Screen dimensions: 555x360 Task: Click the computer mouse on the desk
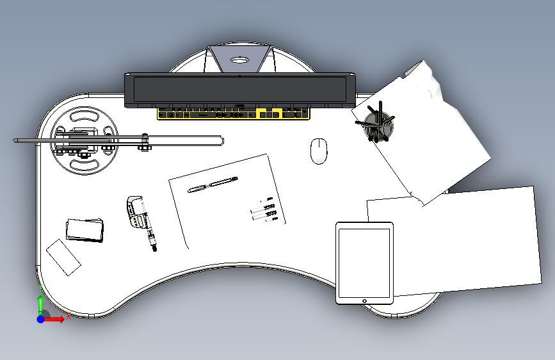[x=319, y=151]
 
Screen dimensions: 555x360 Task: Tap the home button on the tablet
[x=364, y=300]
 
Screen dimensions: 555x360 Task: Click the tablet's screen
[x=364, y=261]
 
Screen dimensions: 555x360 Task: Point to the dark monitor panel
[x=239, y=89]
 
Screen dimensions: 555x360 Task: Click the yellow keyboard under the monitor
[x=234, y=114]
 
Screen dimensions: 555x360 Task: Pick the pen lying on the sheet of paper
[x=213, y=185]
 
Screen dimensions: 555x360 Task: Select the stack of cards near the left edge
[x=84, y=230]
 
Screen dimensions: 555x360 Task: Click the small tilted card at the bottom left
[x=63, y=257]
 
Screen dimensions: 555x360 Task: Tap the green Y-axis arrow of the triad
[x=40, y=302]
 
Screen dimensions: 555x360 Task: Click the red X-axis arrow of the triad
[x=58, y=318]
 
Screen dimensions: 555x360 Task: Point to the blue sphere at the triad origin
[x=40, y=318]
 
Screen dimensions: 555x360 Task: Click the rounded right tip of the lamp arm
[x=220, y=140]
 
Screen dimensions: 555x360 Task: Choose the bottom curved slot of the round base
[x=84, y=167]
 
